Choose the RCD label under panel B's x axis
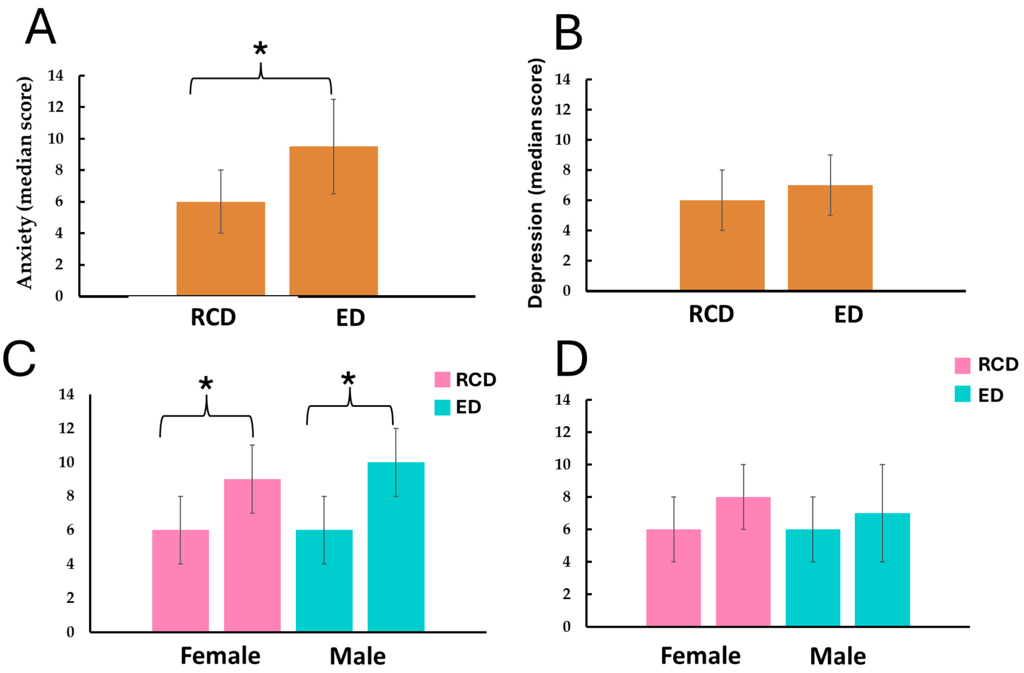coord(711,314)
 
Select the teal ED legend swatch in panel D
coord(962,394)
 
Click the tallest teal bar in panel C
coord(396,547)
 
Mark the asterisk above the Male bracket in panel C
coord(348,379)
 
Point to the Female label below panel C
coord(220,656)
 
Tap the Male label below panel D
coord(838,656)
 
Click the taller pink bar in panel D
coord(743,561)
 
